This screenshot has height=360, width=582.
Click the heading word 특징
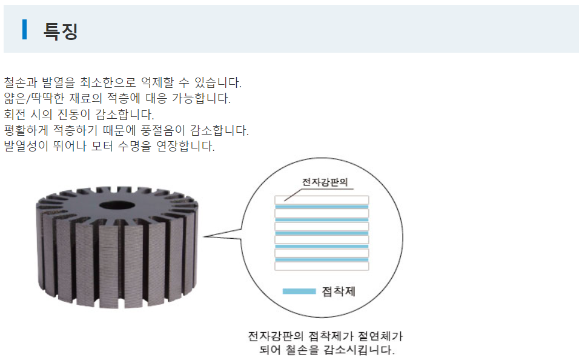click(61, 31)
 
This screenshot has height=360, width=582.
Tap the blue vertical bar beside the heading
click(24, 29)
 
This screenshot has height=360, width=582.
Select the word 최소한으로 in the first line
click(108, 82)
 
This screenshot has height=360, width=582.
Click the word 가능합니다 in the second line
click(201, 98)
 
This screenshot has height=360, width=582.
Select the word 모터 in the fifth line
click(102, 146)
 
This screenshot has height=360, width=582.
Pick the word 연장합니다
click(185, 146)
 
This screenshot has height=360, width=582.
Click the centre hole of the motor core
click(117, 205)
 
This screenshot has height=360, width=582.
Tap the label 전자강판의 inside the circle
click(325, 182)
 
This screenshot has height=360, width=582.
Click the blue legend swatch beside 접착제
click(299, 292)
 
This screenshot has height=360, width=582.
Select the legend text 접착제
click(339, 292)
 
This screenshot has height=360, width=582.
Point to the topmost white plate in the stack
click(322, 200)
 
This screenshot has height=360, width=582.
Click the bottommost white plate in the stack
click(322, 266)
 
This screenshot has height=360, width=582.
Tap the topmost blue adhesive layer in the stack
click(322, 207)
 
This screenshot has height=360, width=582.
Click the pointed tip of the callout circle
click(203, 236)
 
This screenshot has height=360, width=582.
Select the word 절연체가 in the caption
click(380, 336)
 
